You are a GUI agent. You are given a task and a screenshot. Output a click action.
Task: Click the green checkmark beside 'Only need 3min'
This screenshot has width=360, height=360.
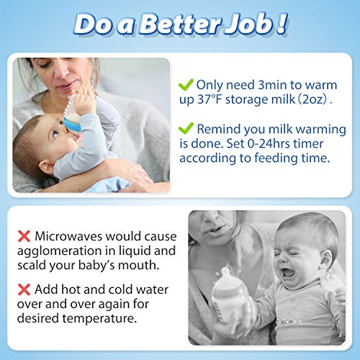(186, 84)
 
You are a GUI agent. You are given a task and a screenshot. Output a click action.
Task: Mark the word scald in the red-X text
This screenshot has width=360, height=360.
(36, 266)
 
